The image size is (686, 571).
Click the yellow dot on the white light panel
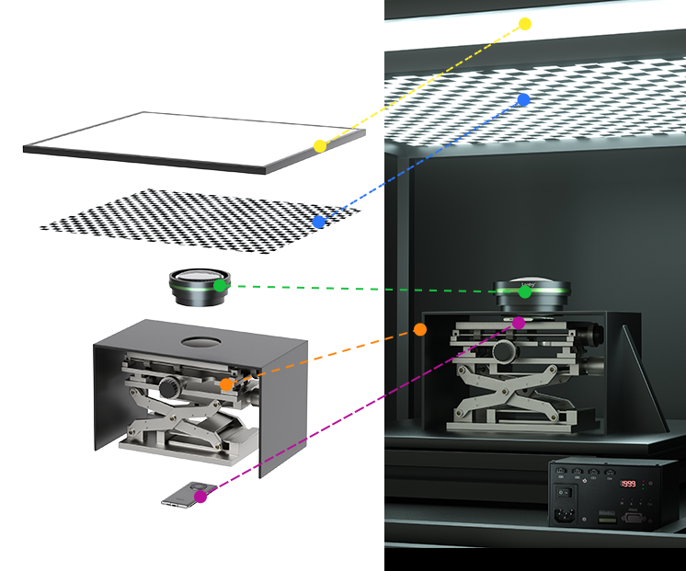[x=320, y=146]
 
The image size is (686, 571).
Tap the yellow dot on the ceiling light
[x=525, y=24]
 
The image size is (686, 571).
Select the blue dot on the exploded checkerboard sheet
[x=318, y=222]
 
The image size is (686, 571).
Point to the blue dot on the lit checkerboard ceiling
[x=523, y=99]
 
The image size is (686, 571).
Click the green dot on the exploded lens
[x=220, y=286]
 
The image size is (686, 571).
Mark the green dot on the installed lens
[x=524, y=292]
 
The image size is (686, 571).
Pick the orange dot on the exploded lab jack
[x=226, y=384]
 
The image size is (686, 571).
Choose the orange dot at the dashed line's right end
[x=420, y=329]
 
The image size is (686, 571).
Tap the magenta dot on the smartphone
[x=200, y=497]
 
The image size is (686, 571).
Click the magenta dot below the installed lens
[x=519, y=323]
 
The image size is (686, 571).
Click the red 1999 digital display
[x=629, y=485]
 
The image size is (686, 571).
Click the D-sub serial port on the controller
[x=634, y=517]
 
